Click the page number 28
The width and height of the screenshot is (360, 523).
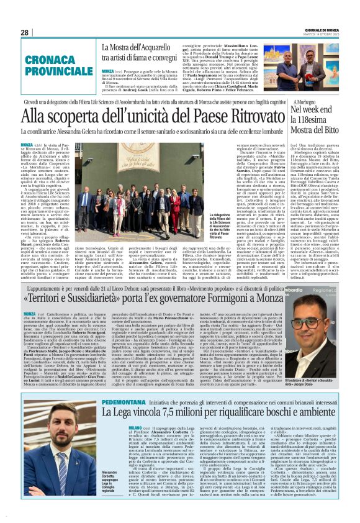tap(25, 32)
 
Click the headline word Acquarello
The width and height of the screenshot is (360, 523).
tap(145, 47)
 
